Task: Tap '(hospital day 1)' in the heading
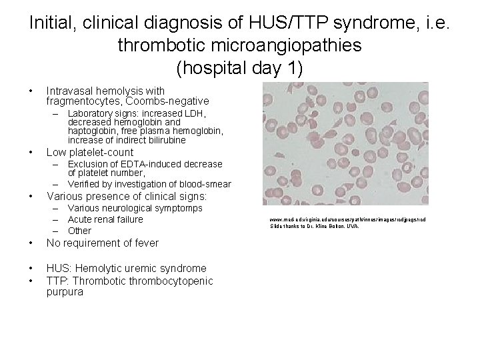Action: tap(240, 67)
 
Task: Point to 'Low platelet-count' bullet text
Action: tap(90, 152)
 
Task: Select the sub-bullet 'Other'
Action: tap(79, 231)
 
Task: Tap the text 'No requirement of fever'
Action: tap(103, 243)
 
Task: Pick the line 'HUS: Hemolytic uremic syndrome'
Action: tap(126, 268)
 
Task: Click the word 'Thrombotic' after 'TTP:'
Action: tap(99, 280)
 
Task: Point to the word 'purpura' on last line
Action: tap(65, 292)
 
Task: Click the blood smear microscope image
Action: tap(345, 144)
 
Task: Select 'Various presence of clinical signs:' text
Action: tap(127, 197)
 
